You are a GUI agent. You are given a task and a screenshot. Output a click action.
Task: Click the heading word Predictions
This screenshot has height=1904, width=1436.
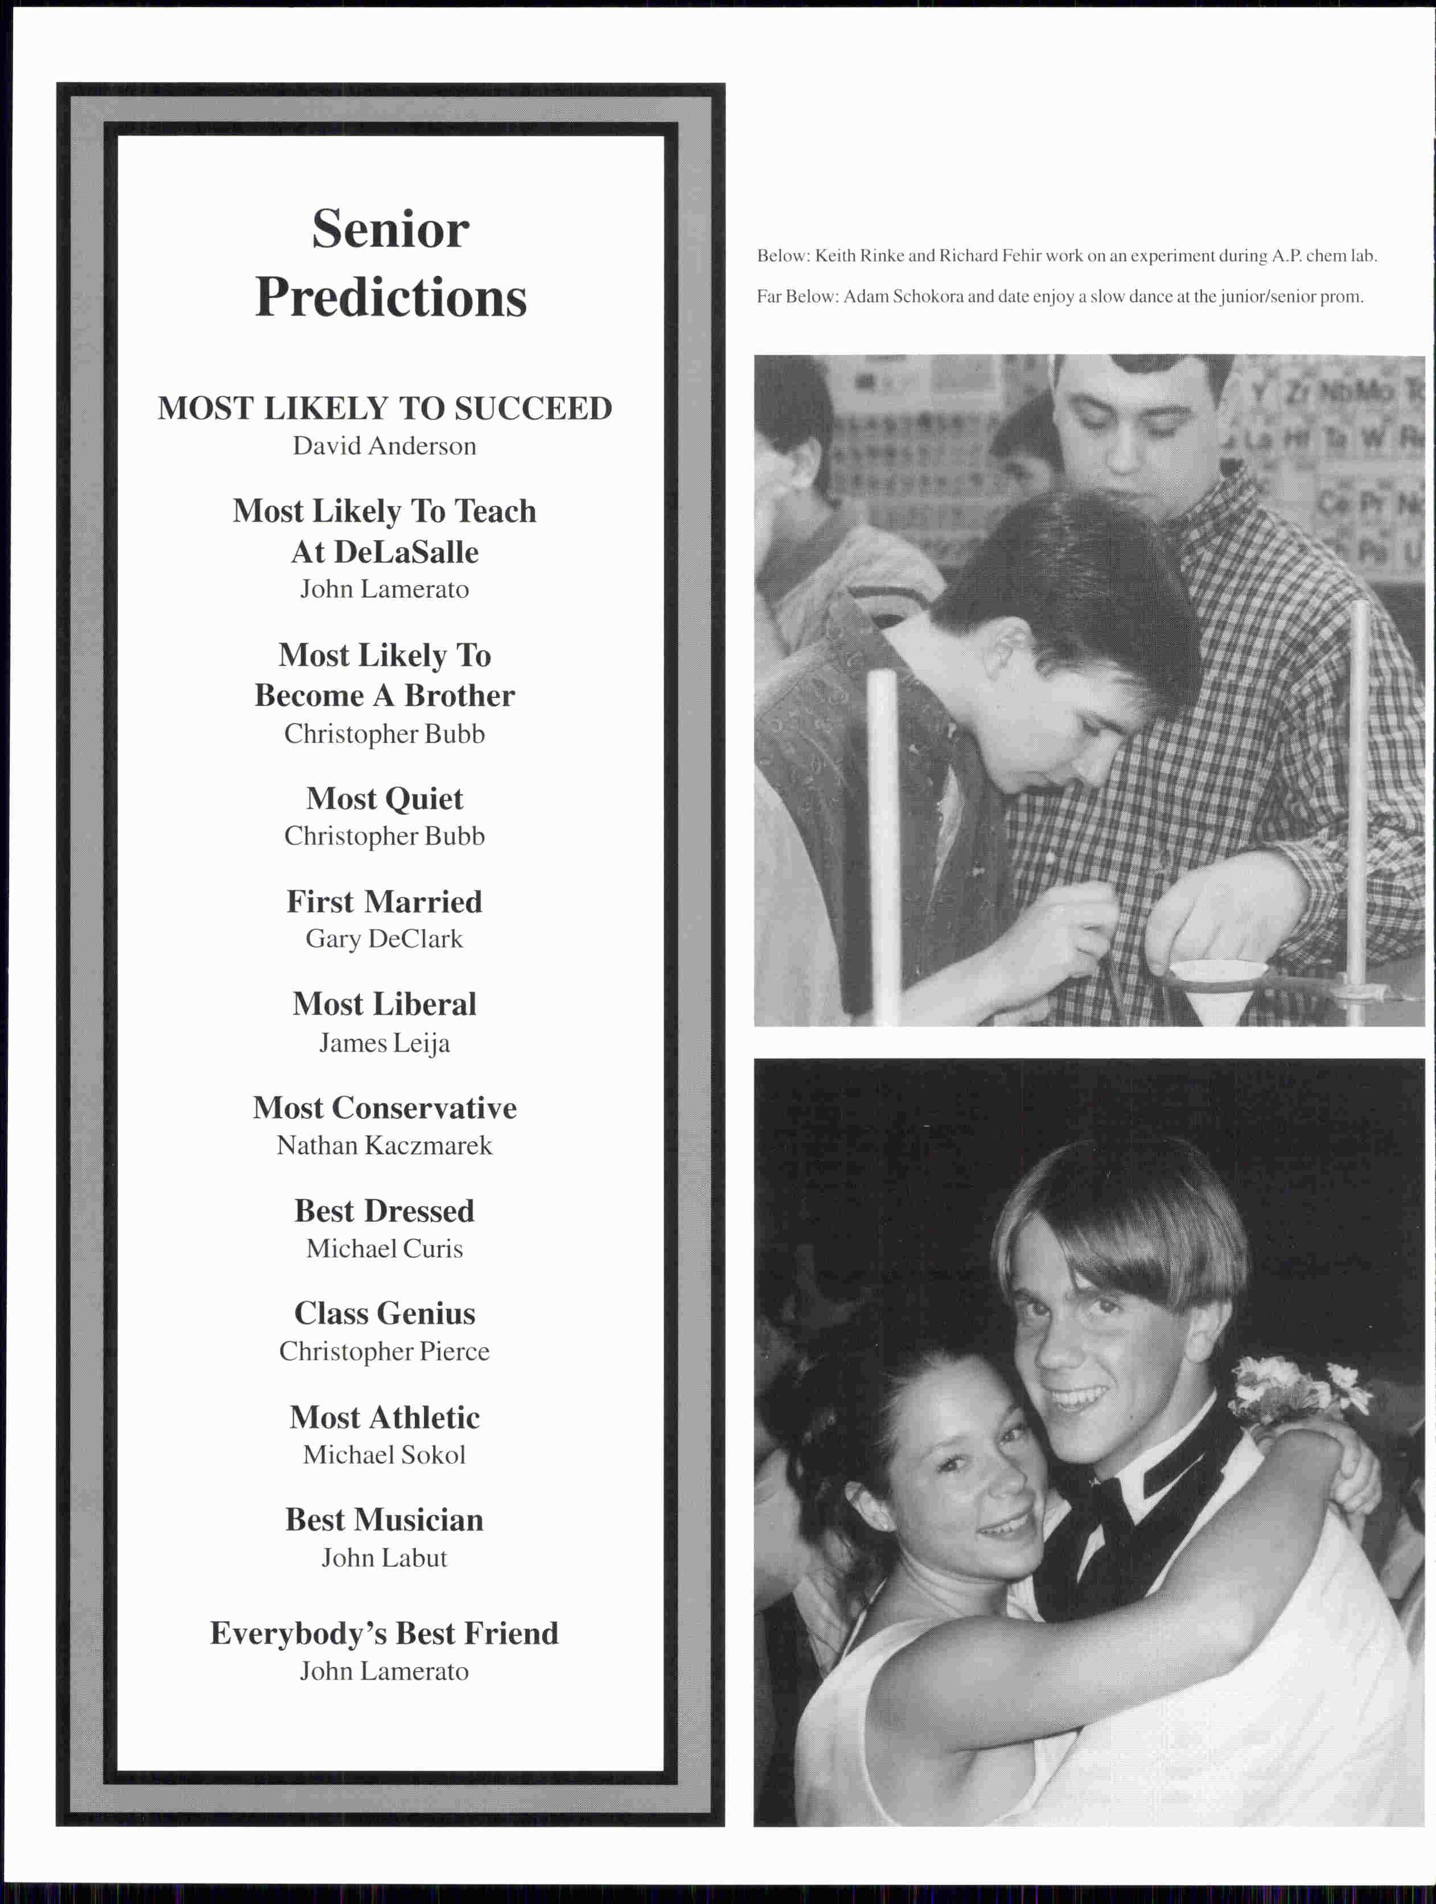point(391,298)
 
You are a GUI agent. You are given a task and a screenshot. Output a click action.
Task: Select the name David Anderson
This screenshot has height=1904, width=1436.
point(384,446)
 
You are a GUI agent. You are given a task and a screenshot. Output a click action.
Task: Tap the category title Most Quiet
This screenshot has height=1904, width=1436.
point(384,799)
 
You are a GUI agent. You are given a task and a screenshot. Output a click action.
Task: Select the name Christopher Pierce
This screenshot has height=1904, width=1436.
point(384,1351)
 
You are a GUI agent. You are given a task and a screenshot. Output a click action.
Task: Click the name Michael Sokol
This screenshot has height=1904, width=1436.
point(384,1455)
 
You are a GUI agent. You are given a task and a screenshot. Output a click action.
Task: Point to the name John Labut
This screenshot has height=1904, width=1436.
point(384,1557)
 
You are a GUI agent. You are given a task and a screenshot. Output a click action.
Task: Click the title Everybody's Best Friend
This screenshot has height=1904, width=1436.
point(384,1633)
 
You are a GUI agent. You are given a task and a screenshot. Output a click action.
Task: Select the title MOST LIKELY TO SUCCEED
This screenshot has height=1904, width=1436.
point(384,408)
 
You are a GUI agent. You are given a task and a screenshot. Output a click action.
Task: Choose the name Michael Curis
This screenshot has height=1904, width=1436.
point(384,1248)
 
